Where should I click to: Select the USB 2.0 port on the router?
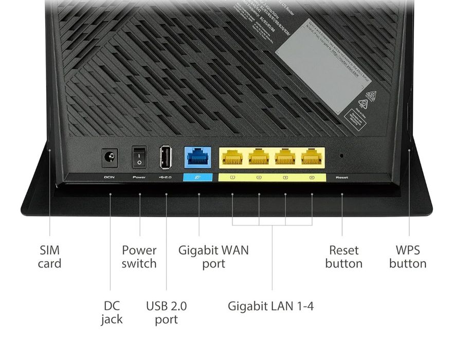point(166,157)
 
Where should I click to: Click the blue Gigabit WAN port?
point(198,157)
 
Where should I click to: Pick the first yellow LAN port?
point(232,157)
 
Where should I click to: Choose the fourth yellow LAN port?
point(312,157)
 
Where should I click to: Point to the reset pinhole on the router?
point(342,155)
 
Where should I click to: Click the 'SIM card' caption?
point(49,257)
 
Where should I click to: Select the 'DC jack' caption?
point(112,313)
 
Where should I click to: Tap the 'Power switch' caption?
point(139,257)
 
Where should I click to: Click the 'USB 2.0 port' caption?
point(166,313)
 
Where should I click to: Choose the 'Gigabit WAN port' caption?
point(213,257)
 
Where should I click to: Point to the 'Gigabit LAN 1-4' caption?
point(270,307)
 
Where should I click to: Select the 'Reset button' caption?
point(344,257)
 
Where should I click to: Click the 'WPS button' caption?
point(408,257)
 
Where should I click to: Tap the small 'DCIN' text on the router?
point(110,177)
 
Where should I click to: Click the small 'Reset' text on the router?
point(342,177)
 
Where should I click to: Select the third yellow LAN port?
point(285,157)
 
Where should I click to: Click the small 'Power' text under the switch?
point(139,177)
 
